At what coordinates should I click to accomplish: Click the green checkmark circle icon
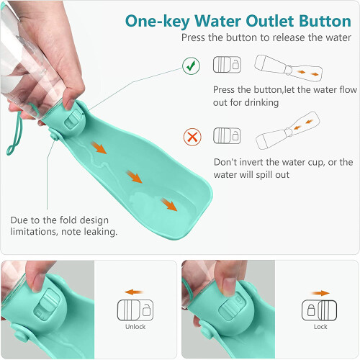click(191, 66)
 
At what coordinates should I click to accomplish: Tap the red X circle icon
click(192, 137)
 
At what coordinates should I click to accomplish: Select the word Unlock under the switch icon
click(135, 327)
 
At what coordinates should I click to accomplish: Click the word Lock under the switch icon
click(320, 327)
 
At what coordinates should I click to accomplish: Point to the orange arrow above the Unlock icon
click(134, 292)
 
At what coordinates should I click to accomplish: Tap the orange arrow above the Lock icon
click(320, 293)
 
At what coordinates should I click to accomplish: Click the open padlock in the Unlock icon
click(146, 310)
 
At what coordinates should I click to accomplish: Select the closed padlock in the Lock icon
click(311, 310)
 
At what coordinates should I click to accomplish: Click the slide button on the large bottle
click(74, 120)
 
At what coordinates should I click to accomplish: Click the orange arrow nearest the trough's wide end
click(169, 204)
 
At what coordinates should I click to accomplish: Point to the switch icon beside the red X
click(227, 135)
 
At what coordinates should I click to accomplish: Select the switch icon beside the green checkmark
click(227, 65)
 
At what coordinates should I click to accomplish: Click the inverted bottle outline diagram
click(288, 130)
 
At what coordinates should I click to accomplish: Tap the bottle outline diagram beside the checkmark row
click(288, 68)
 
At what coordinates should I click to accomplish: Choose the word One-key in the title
click(158, 22)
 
